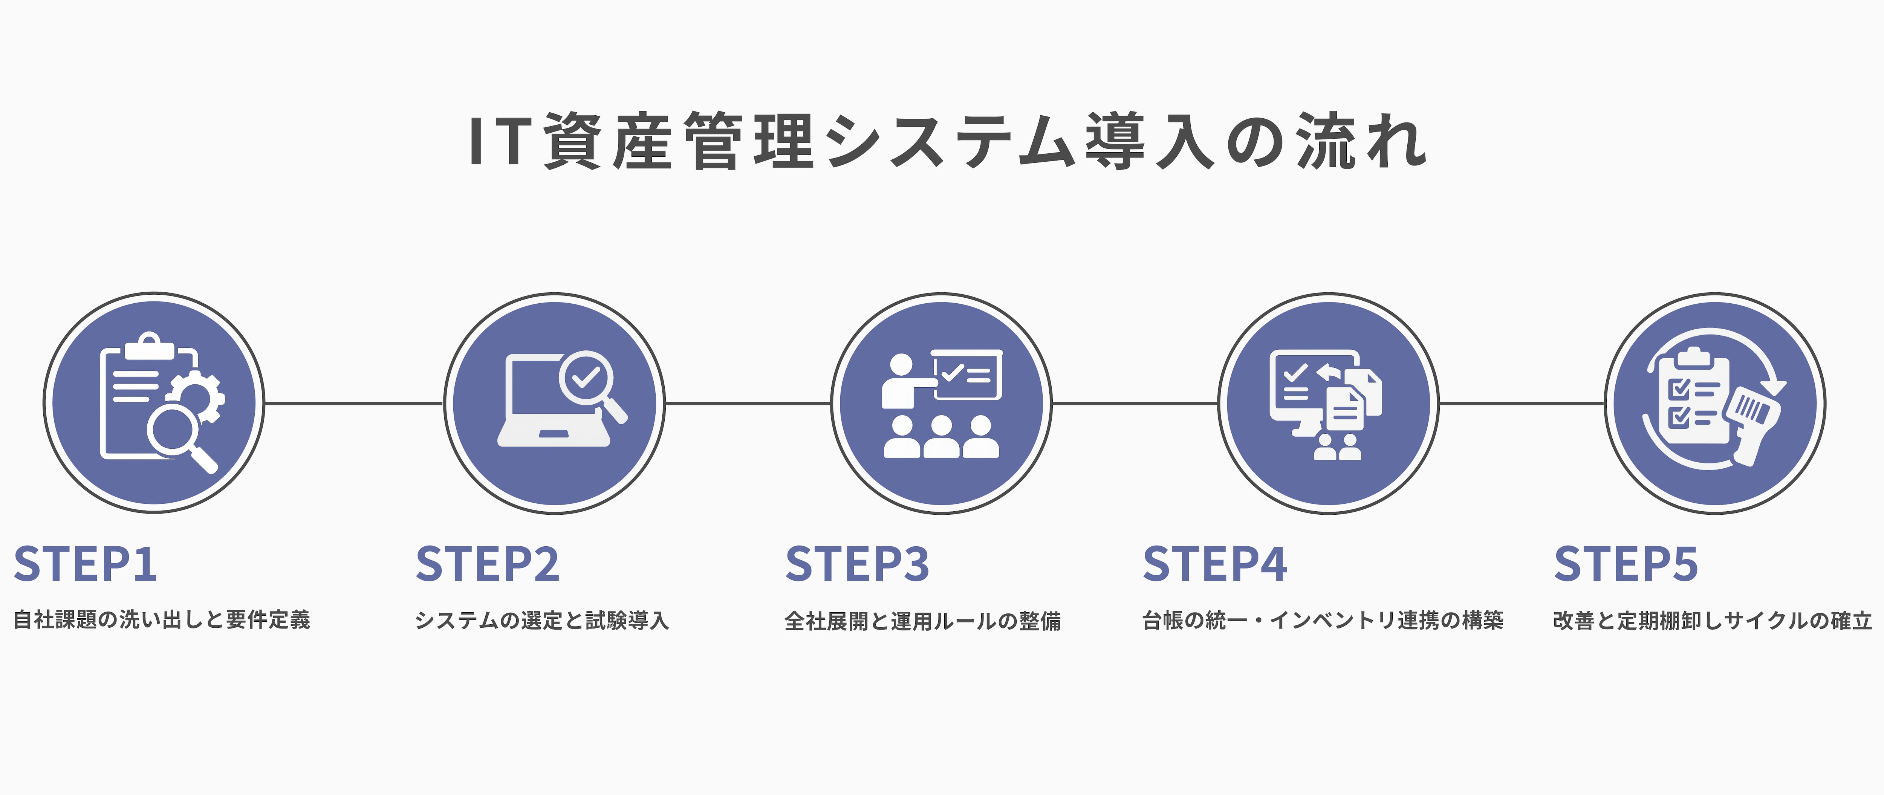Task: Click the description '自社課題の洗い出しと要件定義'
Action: point(162,620)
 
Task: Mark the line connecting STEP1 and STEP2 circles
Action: point(353,403)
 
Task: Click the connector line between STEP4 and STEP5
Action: point(1521,403)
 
